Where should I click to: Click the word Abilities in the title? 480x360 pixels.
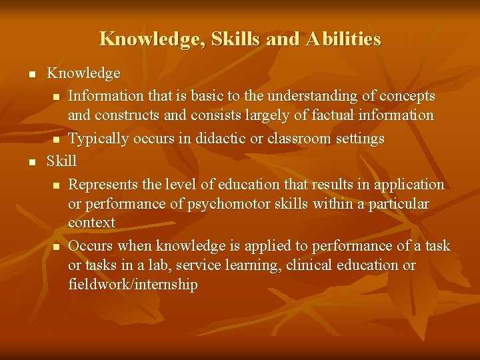point(343,39)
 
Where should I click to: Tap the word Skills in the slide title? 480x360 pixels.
point(236,39)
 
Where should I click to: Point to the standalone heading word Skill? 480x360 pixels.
point(61,161)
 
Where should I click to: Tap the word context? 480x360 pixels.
point(91,222)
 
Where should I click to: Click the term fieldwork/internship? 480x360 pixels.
point(133,285)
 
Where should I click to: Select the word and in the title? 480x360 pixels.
point(283,39)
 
